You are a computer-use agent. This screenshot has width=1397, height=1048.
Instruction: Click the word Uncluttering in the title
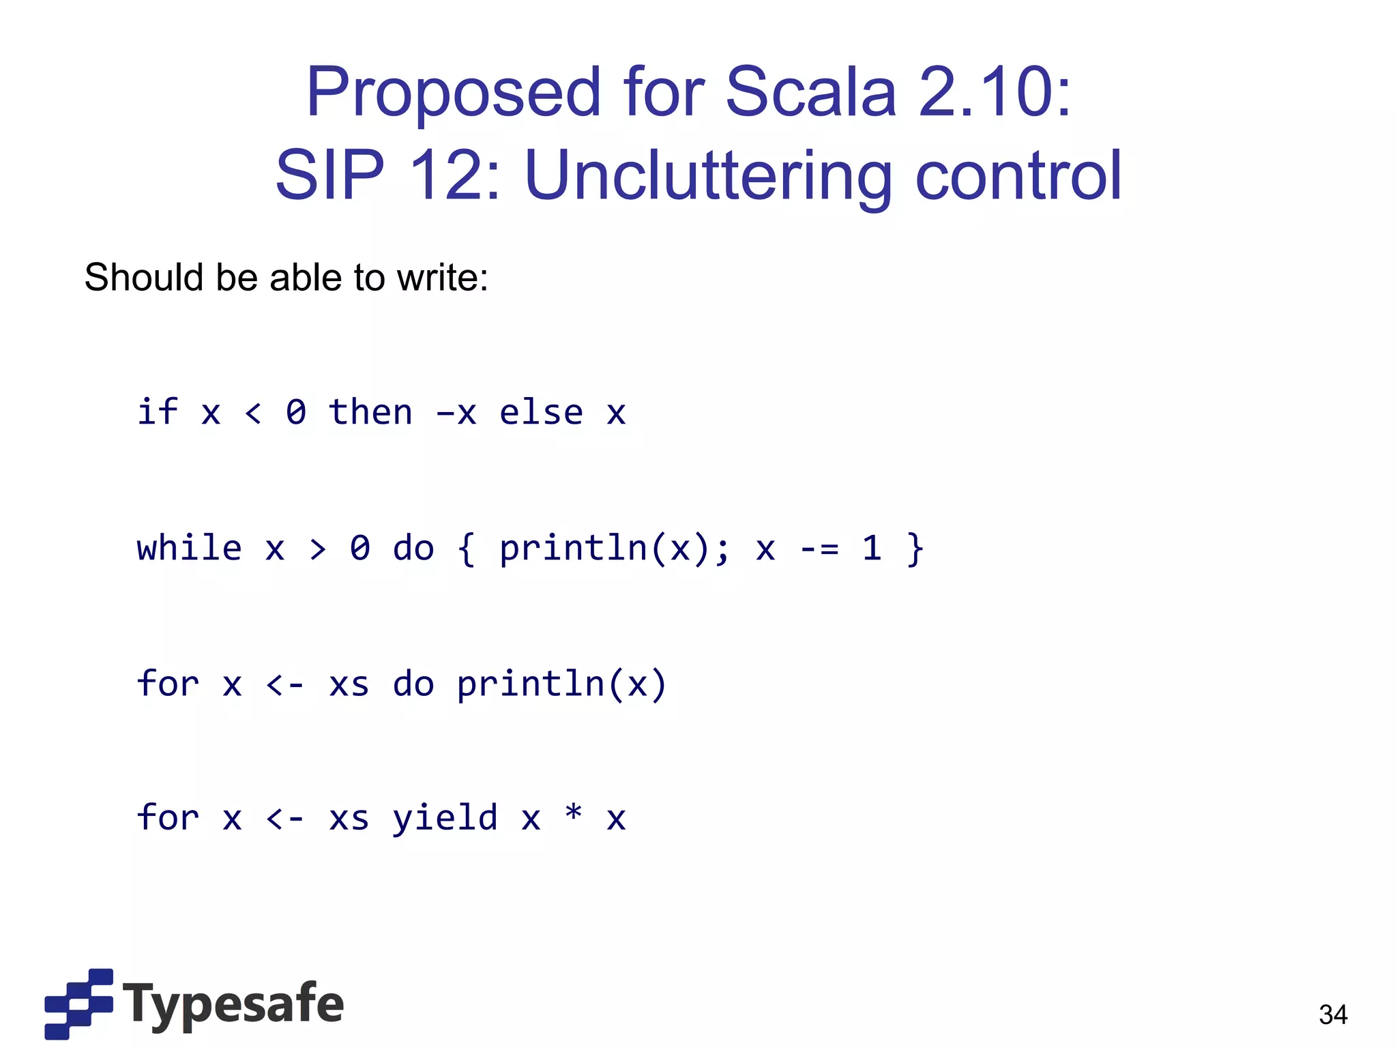click(x=708, y=176)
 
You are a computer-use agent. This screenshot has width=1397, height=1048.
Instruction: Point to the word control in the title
click(x=1018, y=176)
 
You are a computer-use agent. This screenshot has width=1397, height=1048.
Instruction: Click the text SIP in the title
click(x=329, y=176)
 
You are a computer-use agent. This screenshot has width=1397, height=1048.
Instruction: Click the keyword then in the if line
click(x=370, y=412)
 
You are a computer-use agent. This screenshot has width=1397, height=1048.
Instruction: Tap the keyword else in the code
click(x=541, y=412)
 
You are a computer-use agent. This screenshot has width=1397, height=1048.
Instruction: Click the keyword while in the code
click(x=189, y=549)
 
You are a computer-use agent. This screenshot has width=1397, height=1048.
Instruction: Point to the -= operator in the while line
click(x=819, y=549)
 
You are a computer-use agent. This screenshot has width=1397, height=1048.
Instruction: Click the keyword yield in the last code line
click(x=445, y=817)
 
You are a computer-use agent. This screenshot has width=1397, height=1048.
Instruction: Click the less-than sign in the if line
click(x=253, y=413)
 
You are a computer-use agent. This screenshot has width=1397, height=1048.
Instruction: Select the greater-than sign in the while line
click(x=317, y=549)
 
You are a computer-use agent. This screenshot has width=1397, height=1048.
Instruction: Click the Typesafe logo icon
click(x=78, y=1004)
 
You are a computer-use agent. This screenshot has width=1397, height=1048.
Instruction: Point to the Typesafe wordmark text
click(x=233, y=1004)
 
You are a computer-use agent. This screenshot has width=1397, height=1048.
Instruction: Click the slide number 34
click(x=1333, y=1015)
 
